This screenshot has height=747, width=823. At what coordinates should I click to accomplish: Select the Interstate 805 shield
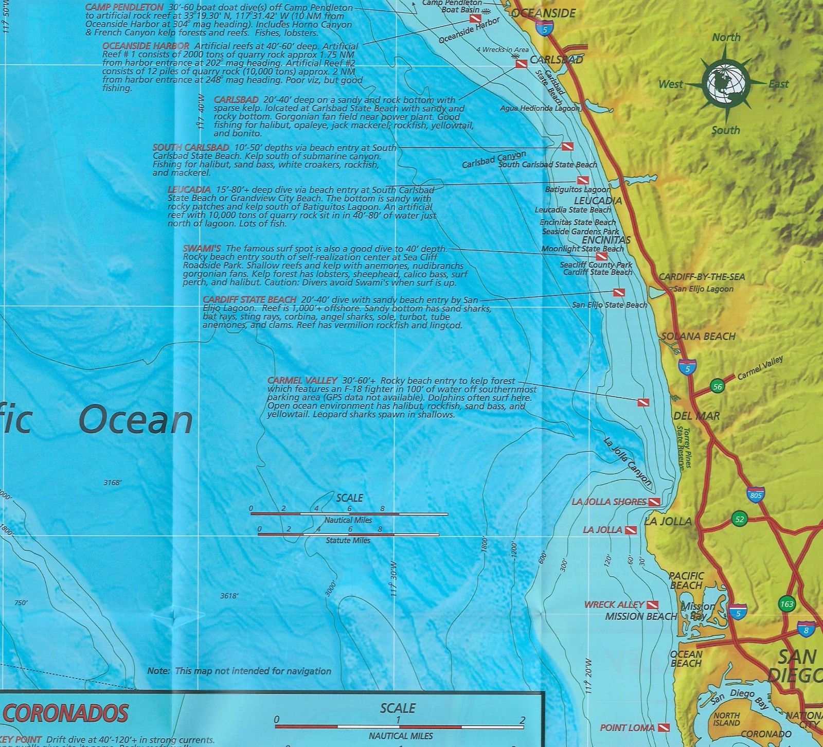click(755, 494)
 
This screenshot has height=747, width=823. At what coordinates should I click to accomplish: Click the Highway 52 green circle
click(740, 519)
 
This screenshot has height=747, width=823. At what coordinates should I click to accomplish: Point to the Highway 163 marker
click(786, 603)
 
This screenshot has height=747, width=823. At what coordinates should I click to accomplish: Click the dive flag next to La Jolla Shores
click(654, 502)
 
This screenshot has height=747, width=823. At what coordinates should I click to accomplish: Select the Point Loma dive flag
click(664, 727)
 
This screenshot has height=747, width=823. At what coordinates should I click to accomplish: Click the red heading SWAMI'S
click(202, 248)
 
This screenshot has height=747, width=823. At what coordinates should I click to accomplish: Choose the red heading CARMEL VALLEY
click(302, 381)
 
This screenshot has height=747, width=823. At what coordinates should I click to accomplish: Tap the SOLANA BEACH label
click(698, 336)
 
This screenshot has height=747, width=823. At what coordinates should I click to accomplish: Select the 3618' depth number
click(229, 596)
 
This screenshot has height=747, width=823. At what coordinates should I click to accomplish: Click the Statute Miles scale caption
click(348, 540)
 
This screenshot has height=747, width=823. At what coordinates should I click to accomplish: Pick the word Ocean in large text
click(136, 420)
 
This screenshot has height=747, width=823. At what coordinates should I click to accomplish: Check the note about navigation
click(239, 671)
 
